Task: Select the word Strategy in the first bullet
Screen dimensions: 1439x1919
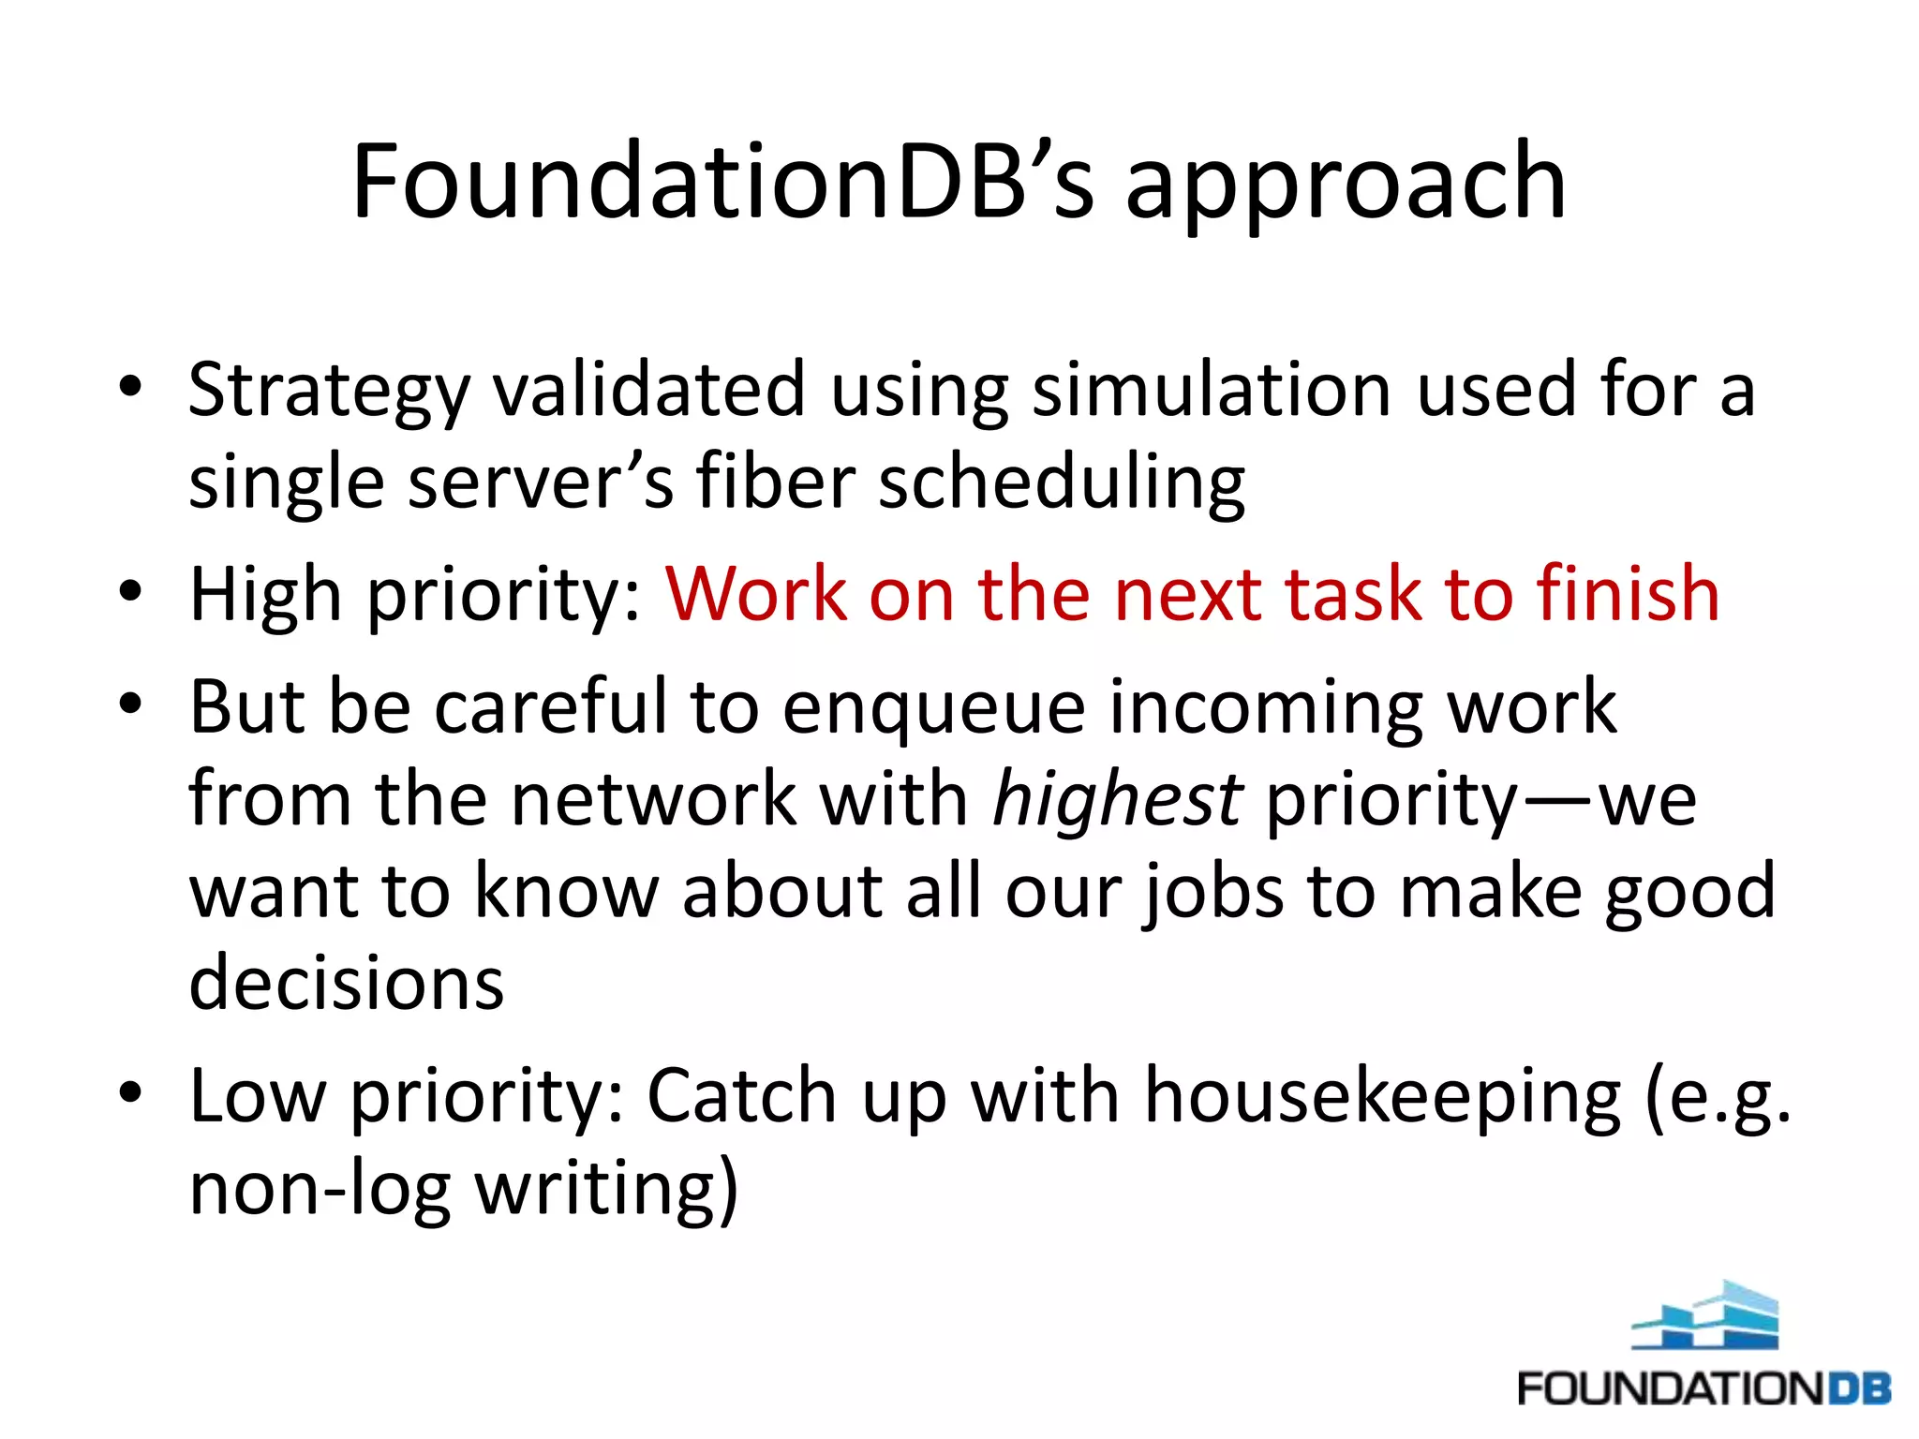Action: (328, 392)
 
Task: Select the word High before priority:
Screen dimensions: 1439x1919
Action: (265, 596)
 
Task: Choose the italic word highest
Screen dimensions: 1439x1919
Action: (1117, 800)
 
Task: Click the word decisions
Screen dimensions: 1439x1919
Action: (347, 983)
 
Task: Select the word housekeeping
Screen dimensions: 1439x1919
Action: (1383, 1096)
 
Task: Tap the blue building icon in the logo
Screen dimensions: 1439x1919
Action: (1704, 1315)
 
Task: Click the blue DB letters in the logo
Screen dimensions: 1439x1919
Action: (1859, 1387)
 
